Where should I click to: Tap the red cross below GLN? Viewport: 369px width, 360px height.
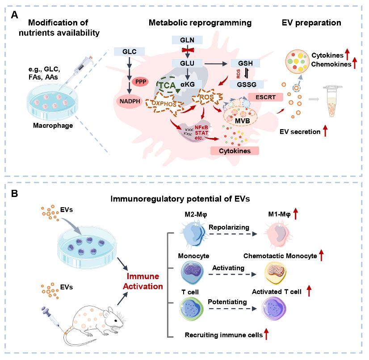(188, 50)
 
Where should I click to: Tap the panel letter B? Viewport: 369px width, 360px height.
(14, 194)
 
